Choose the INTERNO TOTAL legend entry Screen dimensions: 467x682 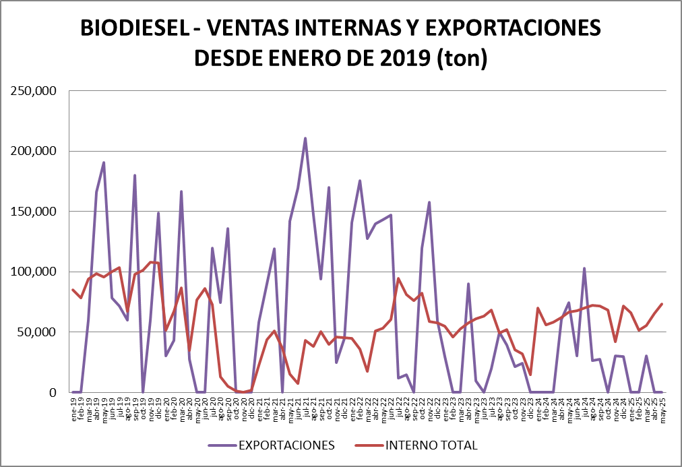[x=431, y=445]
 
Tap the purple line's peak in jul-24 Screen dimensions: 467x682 [x=584, y=268]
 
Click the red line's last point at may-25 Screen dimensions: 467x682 [x=662, y=304]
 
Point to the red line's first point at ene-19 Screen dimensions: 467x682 [x=73, y=290]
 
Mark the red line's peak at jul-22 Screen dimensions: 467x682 [x=398, y=278]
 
